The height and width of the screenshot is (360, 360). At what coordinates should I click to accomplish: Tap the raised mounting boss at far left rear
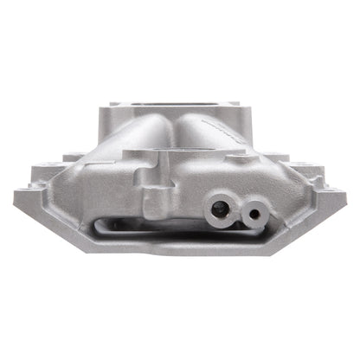click(52, 165)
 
